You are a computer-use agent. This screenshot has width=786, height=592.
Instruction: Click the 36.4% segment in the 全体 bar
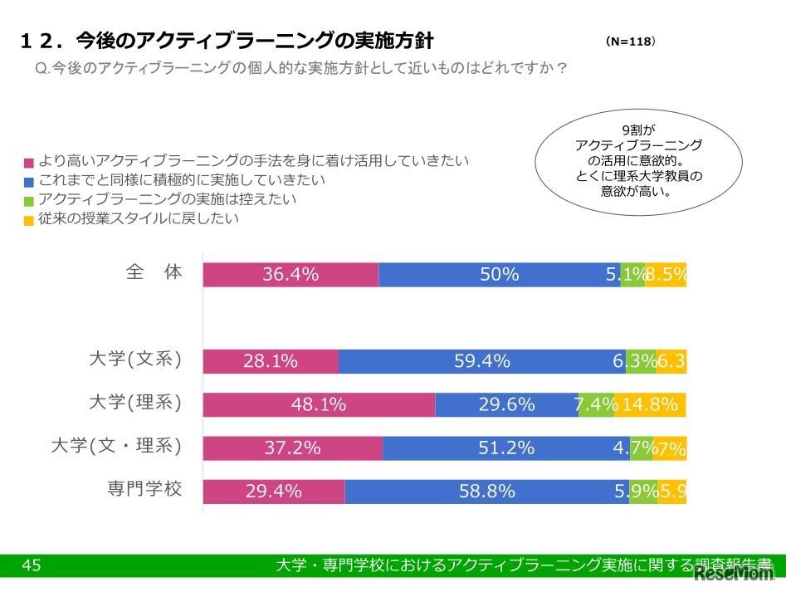point(290,275)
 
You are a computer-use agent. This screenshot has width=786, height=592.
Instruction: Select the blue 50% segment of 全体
point(499,275)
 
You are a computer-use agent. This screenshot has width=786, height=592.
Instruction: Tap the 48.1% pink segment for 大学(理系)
point(319,404)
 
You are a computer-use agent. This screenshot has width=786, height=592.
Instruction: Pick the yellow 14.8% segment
point(650,404)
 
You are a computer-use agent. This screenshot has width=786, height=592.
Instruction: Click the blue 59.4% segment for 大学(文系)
point(482,361)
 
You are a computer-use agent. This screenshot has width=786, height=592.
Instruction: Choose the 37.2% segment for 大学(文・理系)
point(292,448)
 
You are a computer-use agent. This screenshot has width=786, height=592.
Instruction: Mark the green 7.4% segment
point(596,404)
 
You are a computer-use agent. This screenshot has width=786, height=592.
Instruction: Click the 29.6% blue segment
point(506,404)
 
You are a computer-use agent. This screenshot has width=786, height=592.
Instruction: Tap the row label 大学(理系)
point(135,403)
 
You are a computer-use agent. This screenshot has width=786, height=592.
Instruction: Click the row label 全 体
point(154,272)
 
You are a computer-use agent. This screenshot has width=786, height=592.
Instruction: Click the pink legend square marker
point(29,163)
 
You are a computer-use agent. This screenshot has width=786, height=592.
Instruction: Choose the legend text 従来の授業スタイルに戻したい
point(139,219)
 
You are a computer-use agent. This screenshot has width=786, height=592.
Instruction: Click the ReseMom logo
point(734,574)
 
